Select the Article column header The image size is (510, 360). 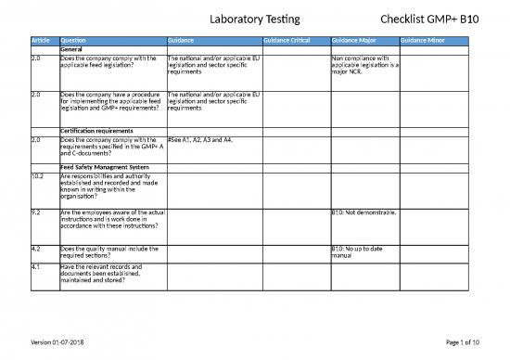(x=42, y=41)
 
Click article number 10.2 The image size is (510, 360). (x=38, y=175)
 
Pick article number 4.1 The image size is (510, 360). (x=35, y=266)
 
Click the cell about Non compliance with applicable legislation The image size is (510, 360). (x=363, y=67)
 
